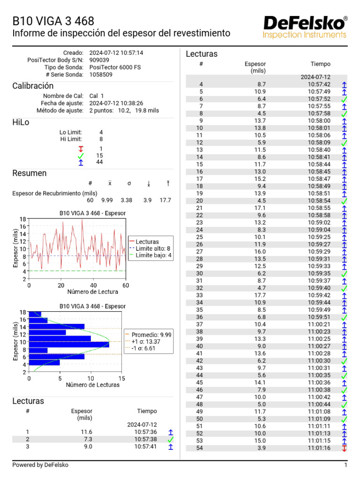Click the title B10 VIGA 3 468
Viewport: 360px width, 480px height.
click(x=53, y=21)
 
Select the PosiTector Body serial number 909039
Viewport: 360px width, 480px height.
click(x=99, y=60)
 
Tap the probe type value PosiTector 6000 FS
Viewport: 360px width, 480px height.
click(x=115, y=67)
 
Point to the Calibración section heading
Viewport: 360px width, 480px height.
click(x=33, y=86)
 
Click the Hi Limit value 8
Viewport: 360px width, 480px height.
click(x=101, y=139)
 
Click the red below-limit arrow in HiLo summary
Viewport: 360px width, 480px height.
click(x=81, y=149)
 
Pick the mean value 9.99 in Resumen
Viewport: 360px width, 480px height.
click(x=107, y=200)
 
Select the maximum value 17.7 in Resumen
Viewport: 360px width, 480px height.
click(x=165, y=200)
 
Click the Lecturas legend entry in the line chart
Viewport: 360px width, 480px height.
click(x=147, y=241)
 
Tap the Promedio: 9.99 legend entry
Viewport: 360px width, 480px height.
click(x=151, y=335)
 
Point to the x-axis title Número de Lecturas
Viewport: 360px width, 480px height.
click(x=93, y=385)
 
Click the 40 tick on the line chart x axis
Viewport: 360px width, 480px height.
click(x=93, y=285)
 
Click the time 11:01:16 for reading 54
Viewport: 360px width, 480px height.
click(x=319, y=448)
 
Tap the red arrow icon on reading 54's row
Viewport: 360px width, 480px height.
click(x=345, y=448)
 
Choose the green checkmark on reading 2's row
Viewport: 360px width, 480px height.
click(x=171, y=439)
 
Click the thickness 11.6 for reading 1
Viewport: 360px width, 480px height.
click(x=86, y=432)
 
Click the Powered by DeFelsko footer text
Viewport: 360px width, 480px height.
click(x=40, y=465)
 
